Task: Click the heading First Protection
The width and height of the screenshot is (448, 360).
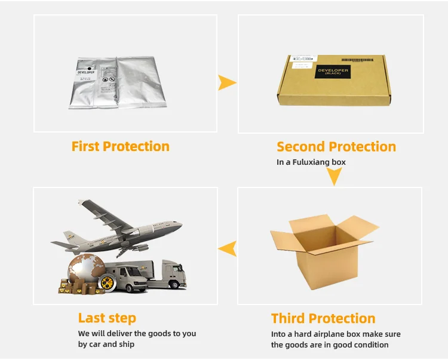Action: (120, 146)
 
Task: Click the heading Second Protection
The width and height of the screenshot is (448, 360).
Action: (336, 147)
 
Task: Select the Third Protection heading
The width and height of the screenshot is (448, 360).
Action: (323, 318)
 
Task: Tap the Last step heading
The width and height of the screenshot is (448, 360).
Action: (107, 318)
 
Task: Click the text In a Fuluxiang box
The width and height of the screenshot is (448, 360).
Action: (311, 162)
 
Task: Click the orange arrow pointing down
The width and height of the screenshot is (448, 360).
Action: (334, 176)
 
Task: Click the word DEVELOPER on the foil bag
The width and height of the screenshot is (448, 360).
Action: (87, 74)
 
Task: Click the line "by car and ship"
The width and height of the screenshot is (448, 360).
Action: (106, 344)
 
